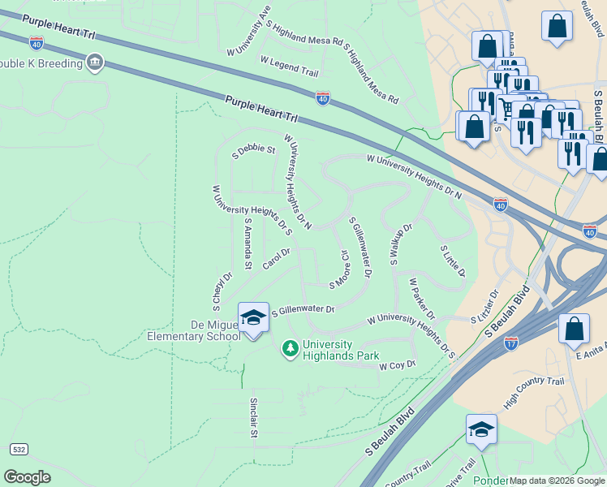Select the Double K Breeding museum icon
pyautogui.click(x=96, y=62)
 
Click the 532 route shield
pyautogui.click(x=18, y=449)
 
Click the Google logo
pyautogui.click(x=27, y=476)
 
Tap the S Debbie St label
pyautogui.click(x=254, y=150)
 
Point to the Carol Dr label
pyautogui.click(x=276, y=260)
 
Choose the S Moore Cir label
pyautogui.click(x=339, y=269)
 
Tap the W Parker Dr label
pyautogui.click(x=423, y=300)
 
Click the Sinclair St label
pyautogui.click(x=253, y=418)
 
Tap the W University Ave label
pyautogui.click(x=248, y=32)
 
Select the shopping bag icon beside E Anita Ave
pyautogui.click(x=574, y=329)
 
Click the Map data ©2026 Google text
pyautogui.click(x=557, y=481)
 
